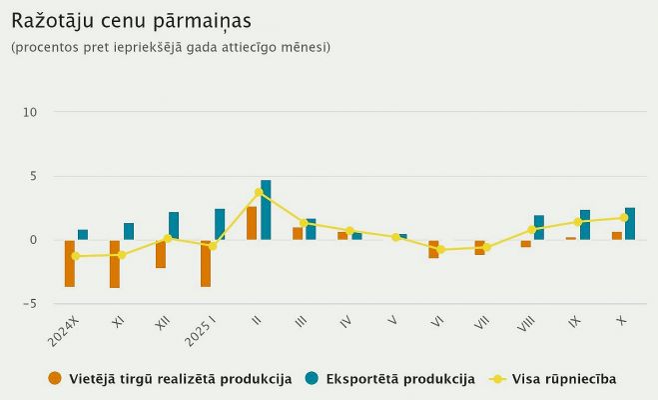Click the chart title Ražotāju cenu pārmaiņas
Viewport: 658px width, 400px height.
pyautogui.click(x=131, y=21)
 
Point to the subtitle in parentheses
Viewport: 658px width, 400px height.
pyautogui.click(x=171, y=47)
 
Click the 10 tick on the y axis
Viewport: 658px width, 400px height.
pyautogui.click(x=30, y=112)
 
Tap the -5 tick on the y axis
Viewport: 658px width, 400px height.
pyautogui.click(x=30, y=303)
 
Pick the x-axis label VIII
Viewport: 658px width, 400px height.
pyautogui.click(x=527, y=326)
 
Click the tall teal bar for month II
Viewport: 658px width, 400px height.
pyautogui.click(x=266, y=210)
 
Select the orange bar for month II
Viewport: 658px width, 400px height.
pyautogui.click(x=252, y=223)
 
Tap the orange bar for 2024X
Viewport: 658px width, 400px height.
pyautogui.click(x=70, y=263)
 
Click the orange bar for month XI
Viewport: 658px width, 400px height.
pyautogui.click(x=115, y=264)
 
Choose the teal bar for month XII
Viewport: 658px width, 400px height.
pyautogui.click(x=174, y=226)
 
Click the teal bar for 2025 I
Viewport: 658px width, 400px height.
pyautogui.click(x=220, y=224)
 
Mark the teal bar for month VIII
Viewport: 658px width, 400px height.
pyautogui.click(x=539, y=227)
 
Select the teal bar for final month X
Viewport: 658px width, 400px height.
pyautogui.click(x=630, y=224)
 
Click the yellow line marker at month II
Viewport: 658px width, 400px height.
pyautogui.click(x=259, y=192)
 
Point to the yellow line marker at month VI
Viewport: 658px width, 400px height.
pyautogui.click(x=441, y=249)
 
